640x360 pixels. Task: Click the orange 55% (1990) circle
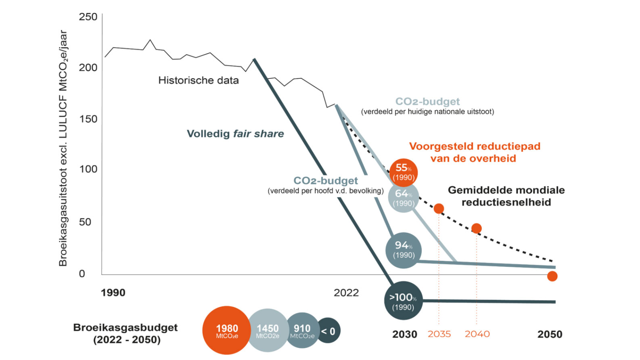[x=404, y=172]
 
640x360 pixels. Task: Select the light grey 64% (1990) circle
[x=404, y=198]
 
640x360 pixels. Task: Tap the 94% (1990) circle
[x=404, y=250]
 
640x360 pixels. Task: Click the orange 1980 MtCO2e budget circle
[x=227, y=331]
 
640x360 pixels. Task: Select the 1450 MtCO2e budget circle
[x=268, y=331]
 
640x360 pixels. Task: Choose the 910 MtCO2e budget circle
[x=302, y=331]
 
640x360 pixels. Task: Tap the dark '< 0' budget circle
[x=328, y=331]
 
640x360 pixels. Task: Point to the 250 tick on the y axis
[x=88, y=17]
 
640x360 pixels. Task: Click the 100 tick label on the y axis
[x=88, y=169]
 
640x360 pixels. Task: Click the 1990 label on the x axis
[x=113, y=293]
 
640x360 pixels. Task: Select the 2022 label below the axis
[x=346, y=293]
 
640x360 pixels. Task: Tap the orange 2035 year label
[x=439, y=334]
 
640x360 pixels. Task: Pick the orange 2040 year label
[x=477, y=334]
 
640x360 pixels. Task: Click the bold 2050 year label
[x=550, y=334]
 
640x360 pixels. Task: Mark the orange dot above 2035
[x=439, y=209]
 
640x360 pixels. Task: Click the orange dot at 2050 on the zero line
[x=552, y=276]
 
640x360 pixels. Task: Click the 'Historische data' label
[x=199, y=80]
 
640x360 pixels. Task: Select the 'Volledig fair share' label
[x=235, y=134]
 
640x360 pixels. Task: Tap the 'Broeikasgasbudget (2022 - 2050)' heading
[x=126, y=333]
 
